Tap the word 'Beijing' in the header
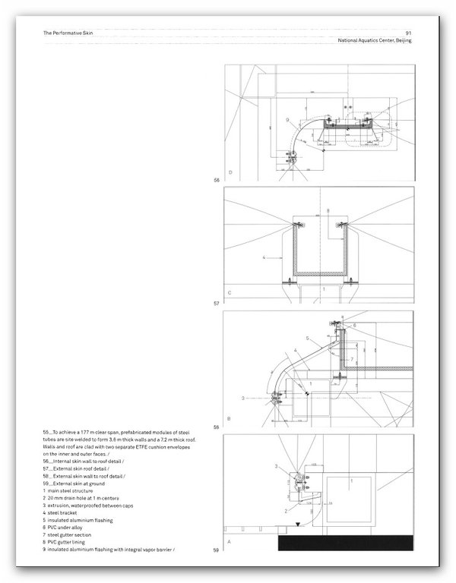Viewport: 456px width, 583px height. (x=398, y=41)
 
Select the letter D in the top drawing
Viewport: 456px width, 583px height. (x=230, y=173)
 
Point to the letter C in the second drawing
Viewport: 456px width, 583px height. (x=230, y=291)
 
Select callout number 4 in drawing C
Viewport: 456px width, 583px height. (x=264, y=258)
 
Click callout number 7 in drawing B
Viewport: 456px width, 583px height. (x=352, y=379)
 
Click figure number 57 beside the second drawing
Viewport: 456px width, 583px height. (x=217, y=302)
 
